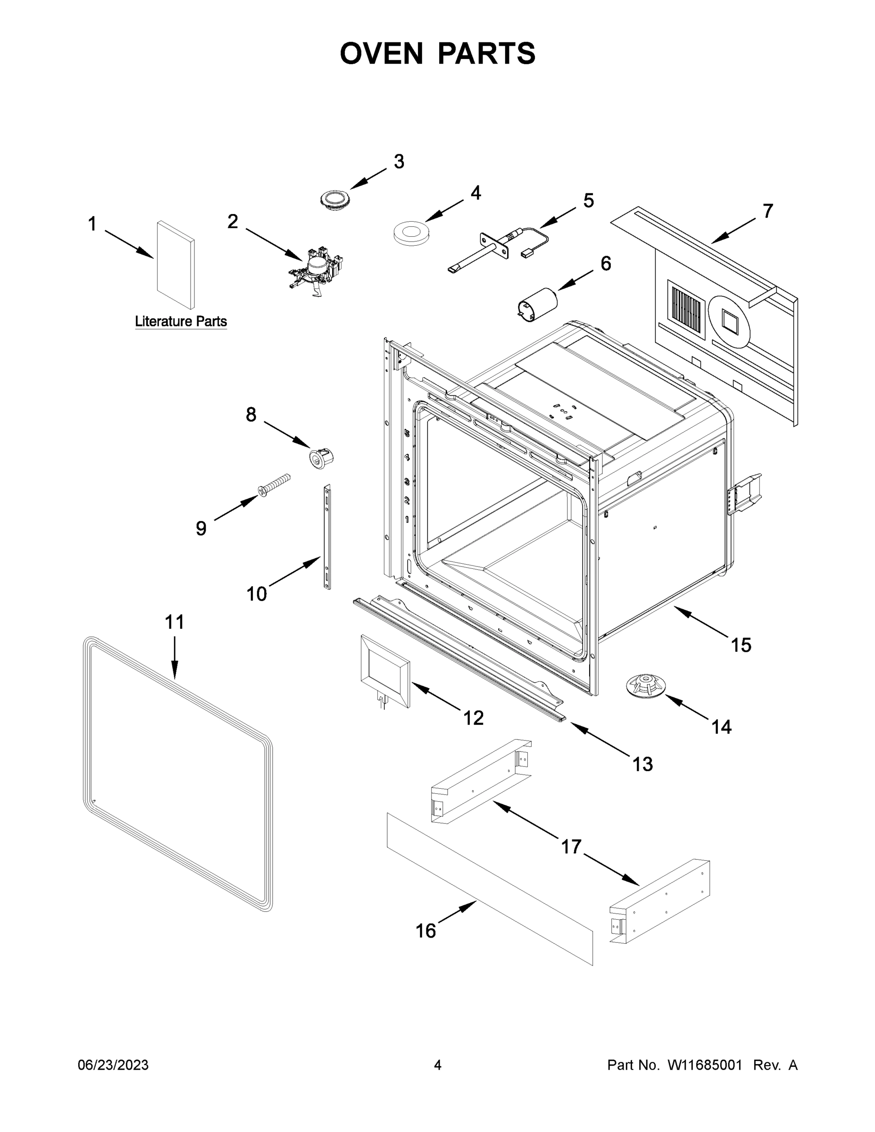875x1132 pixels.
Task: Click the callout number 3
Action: (399, 162)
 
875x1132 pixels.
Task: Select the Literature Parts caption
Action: (181, 321)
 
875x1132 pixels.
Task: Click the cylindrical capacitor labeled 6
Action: (538, 303)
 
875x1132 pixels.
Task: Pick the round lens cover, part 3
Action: (334, 200)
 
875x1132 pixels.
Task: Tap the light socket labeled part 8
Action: (320, 458)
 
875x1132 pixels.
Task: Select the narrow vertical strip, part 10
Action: (327, 536)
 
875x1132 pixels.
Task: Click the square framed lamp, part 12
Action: (384, 670)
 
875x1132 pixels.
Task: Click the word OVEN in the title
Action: (382, 53)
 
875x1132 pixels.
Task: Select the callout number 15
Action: (741, 645)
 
